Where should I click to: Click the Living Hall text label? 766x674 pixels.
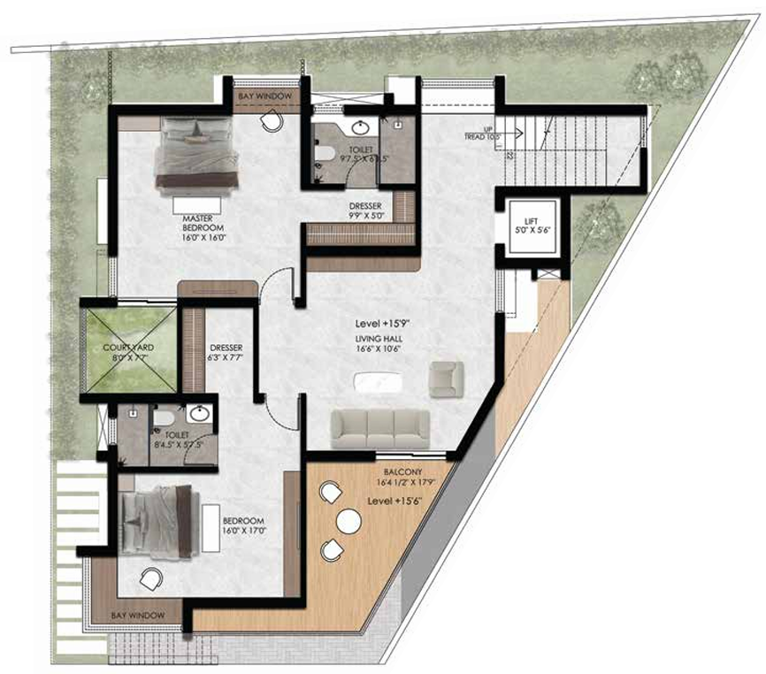tap(378, 342)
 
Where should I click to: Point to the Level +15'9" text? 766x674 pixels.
tap(377, 323)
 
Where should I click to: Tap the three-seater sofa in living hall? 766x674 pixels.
tap(380, 430)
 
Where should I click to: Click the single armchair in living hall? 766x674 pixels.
tap(445, 379)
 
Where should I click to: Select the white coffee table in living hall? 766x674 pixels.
tap(377, 383)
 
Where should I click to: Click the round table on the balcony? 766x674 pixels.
tap(348, 522)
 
